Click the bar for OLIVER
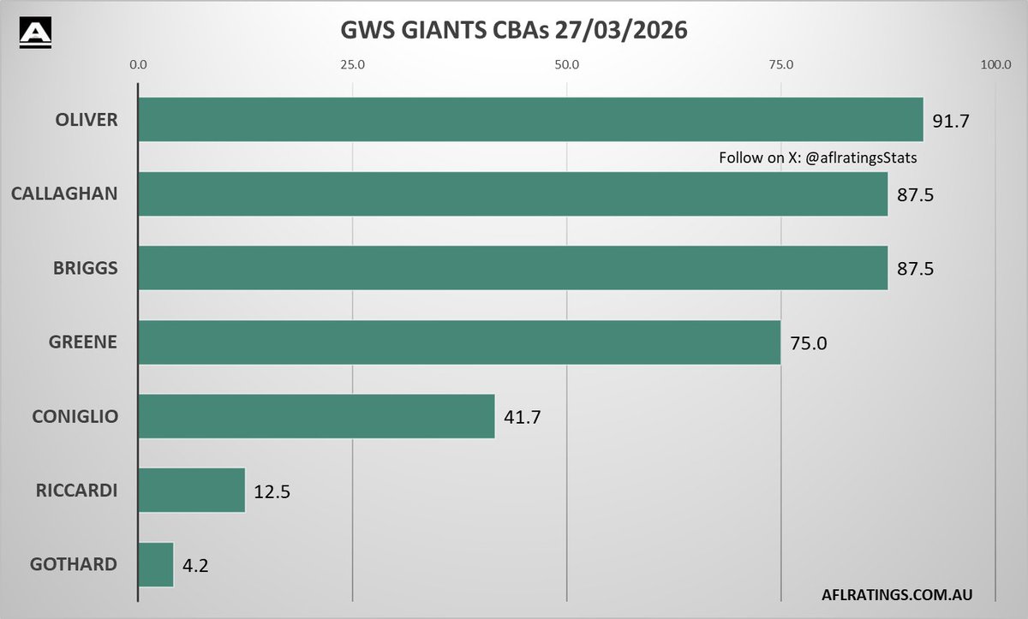(x=529, y=119)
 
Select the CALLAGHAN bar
(x=512, y=193)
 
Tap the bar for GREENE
(x=459, y=342)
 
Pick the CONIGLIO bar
(x=316, y=416)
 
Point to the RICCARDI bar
(x=192, y=490)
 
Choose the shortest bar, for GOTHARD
(x=156, y=564)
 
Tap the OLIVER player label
(x=87, y=120)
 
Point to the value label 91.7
(x=951, y=121)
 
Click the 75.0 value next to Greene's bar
(x=809, y=344)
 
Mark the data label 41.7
(x=523, y=418)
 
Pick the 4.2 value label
(x=196, y=566)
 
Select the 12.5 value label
(x=272, y=492)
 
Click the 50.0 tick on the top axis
(x=566, y=64)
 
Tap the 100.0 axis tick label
(x=995, y=64)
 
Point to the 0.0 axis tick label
(x=138, y=64)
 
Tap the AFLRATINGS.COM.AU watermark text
(x=895, y=592)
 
